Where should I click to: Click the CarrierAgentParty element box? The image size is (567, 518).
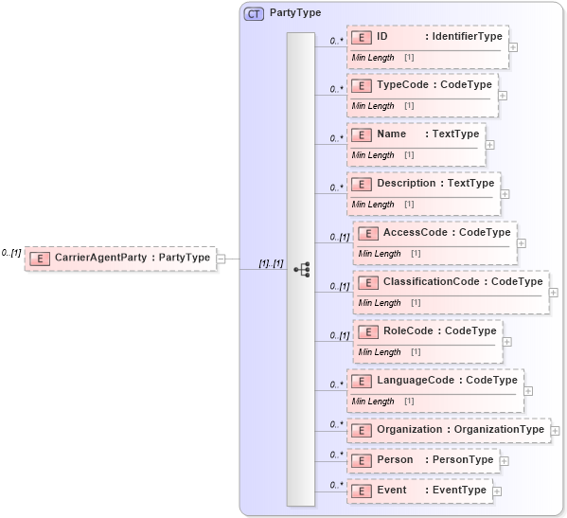(120, 257)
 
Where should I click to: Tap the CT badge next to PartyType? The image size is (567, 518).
(255, 13)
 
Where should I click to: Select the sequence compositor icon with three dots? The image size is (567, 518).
(301, 269)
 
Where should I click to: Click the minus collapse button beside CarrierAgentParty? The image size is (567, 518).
(221, 257)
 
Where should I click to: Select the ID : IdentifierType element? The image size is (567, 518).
(427, 38)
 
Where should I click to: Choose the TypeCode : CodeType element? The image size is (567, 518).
(421, 85)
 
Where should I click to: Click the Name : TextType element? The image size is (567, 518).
(416, 134)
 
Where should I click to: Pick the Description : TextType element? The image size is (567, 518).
(422, 184)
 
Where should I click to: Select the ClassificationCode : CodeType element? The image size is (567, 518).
(450, 282)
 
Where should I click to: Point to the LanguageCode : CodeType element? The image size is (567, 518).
(434, 381)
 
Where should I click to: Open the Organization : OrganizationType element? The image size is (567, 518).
(448, 430)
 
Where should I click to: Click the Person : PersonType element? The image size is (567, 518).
(422, 460)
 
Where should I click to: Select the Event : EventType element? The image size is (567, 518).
(418, 491)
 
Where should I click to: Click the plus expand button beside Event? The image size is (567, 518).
(497, 491)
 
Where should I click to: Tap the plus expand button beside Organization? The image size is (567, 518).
(555, 431)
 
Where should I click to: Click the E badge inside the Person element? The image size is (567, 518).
(361, 460)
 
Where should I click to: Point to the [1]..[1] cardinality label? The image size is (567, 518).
(271, 263)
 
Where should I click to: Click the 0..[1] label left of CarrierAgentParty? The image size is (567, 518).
(11, 253)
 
